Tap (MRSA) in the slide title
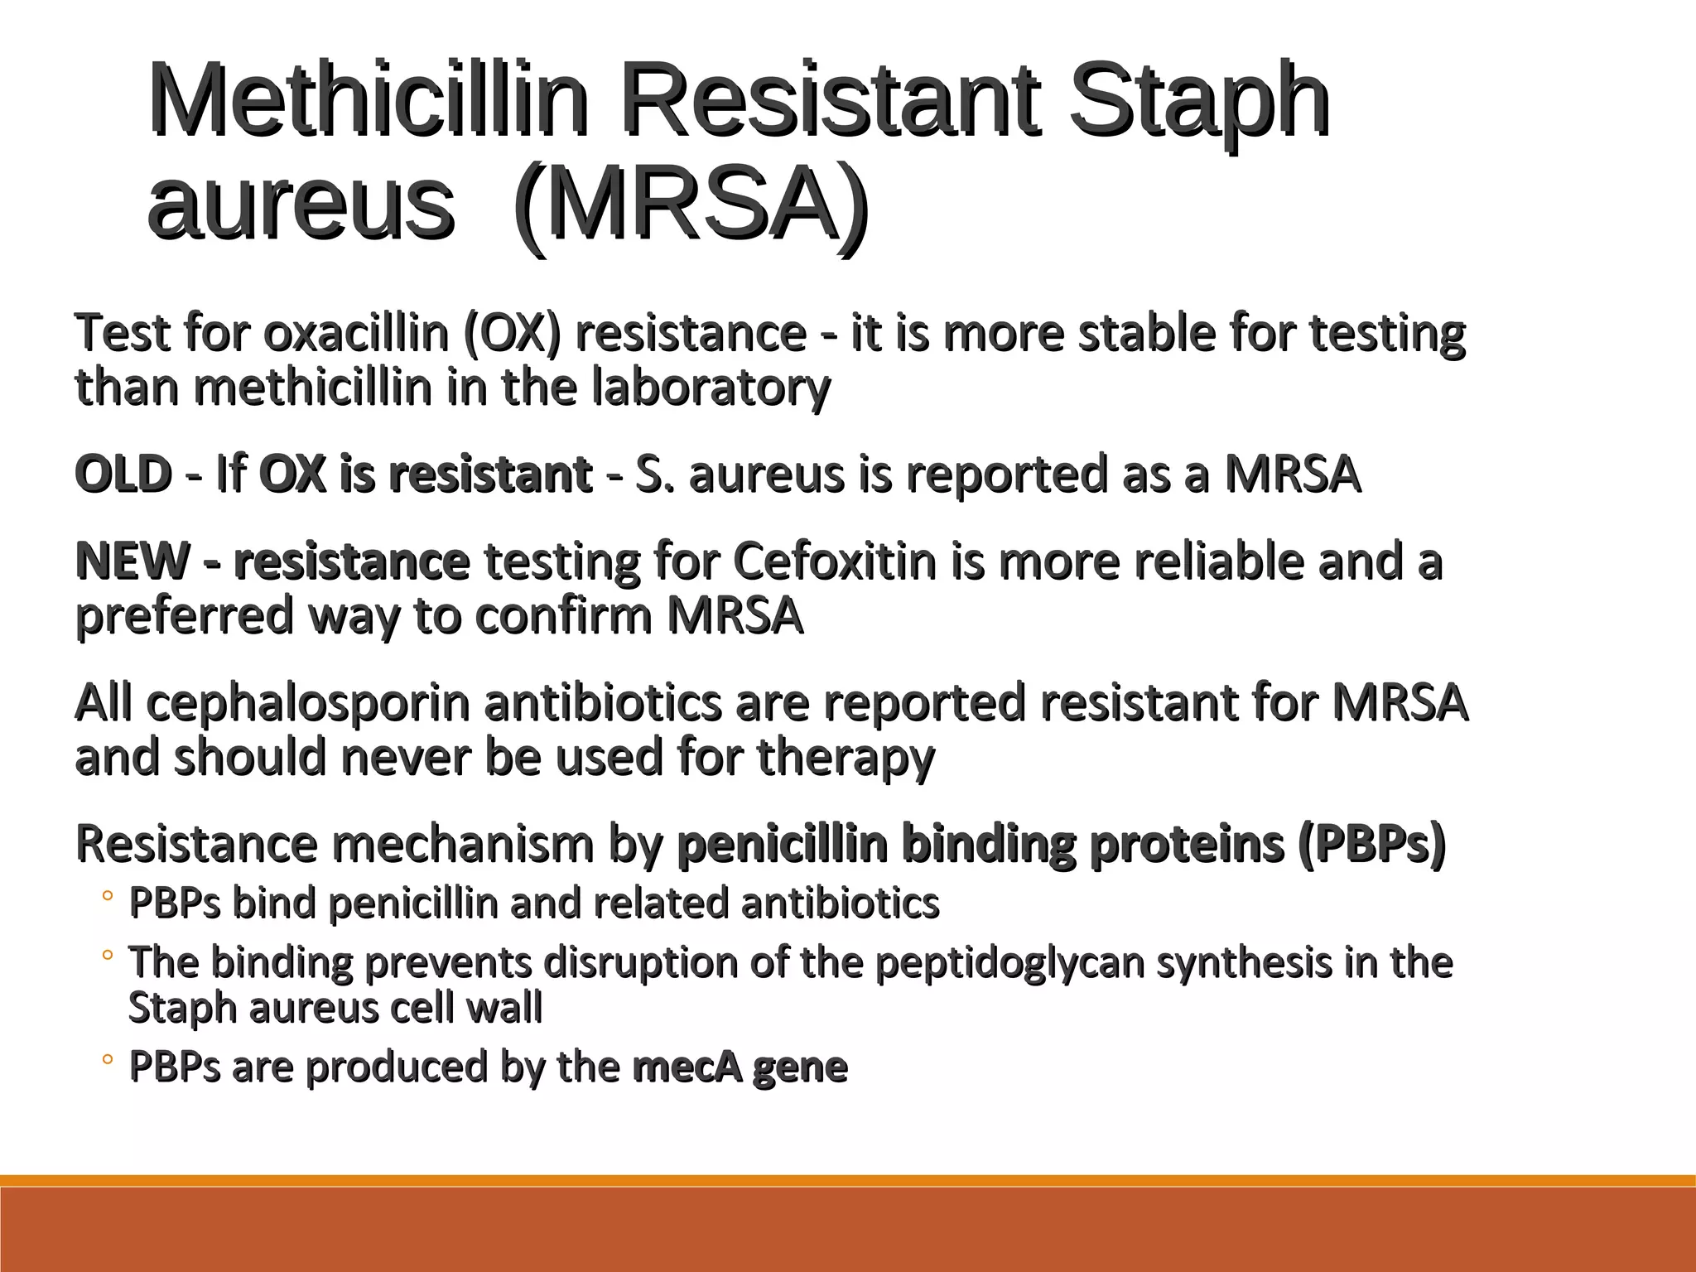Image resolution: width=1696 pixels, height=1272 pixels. [691, 205]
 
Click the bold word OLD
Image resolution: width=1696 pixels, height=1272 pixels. [123, 475]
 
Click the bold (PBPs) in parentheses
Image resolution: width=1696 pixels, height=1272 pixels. [1371, 844]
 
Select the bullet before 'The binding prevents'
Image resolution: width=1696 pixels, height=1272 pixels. [107, 956]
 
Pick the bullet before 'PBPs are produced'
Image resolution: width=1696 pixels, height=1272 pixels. [107, 1061]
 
